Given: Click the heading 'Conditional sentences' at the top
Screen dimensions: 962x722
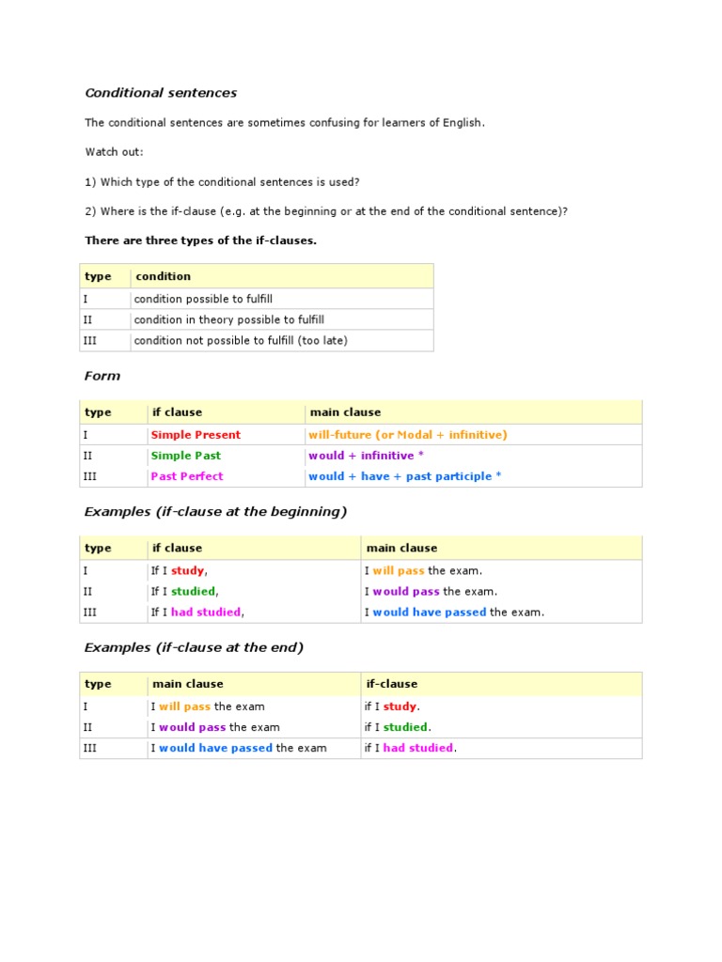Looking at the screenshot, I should pyautogui.click(x=161, y=93).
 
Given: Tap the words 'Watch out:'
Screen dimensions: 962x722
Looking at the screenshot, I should pyautogui.click(x=115, y=152).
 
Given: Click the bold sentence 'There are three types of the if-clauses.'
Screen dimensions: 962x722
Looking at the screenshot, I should pyautogui.click(x=201, y=240).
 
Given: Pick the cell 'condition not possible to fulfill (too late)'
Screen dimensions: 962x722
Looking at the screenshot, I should pyautogui.click(x=241, y=340).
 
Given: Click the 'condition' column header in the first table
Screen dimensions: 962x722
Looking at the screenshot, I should pyautogui.click(x=164, y=276).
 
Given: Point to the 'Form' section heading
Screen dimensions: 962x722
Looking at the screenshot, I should pyautogui.click(x=102, y=376).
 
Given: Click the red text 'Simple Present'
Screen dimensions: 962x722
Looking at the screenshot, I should pyautogui.click(x=196, y=435).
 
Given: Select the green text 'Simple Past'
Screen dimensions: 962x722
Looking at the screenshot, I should pyautogui.click(x=186, y=456).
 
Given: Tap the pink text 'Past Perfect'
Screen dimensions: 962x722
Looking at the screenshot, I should pyautogui.click(x=187, y=476).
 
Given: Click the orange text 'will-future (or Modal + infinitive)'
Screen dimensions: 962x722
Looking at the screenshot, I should pyautogui.click(x=407, y=435).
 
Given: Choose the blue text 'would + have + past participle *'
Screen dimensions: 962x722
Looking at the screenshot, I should pyautogui.click(x=404, y=476).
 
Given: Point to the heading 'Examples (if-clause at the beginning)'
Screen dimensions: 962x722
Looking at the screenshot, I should pyautogui.click(x=215, y=512).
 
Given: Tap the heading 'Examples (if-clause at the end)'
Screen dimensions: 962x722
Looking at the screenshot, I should pyautogui.click(x=194, y=648).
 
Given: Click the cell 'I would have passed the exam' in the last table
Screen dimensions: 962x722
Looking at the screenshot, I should pyautogui.click(x=239, y=748).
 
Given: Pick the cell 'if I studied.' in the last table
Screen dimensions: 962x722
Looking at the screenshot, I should pyautogui.click(x=398, y=727).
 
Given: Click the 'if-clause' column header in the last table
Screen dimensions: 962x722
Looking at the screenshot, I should pyautogui.click(x=391, y=684).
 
